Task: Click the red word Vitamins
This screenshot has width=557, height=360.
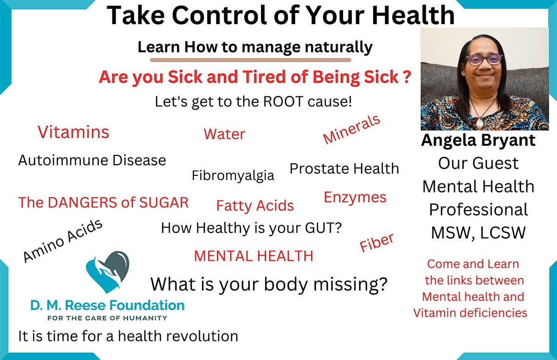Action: [x=73, y=132]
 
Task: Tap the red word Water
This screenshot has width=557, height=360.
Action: [x=224, y=134]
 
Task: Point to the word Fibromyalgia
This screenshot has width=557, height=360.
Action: [x=233, y=175]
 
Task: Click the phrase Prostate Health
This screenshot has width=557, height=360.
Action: [x=344, y=168]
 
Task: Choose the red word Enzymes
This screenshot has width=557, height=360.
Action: [x=355, y=197]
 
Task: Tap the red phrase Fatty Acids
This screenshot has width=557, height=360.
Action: [x=255, y=205]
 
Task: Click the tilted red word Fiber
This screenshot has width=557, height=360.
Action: [x=376, y=243]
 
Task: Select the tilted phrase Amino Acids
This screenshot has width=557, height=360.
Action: [x=63, y=241]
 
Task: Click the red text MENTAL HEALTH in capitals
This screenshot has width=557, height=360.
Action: [x=253, y=256]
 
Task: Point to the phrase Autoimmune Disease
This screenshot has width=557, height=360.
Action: [x=92, y=161]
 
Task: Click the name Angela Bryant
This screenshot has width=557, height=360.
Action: [x=478, y=140]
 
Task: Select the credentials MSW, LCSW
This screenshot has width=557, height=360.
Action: [x=478, y=232]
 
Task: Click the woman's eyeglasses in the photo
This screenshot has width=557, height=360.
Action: [x=484, y=59]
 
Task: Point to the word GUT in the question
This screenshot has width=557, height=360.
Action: [x=317, y=228]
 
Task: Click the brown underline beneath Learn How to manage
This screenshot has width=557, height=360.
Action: [x=251, y=60]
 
